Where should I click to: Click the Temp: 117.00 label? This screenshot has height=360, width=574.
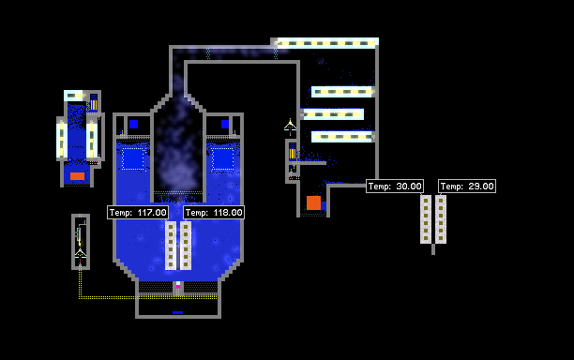point(138,213)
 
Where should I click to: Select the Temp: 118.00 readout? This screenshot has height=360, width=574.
point(214,213)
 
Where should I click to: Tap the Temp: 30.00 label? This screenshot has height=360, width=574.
point(395,187)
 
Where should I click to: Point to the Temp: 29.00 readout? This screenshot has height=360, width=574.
point(467,187)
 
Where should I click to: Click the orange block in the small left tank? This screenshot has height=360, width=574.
point(77,176)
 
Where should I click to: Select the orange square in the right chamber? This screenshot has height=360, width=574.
point(313,203)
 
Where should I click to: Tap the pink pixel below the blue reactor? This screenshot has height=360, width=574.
point(178,287)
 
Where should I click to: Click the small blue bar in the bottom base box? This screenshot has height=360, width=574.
point(177,312)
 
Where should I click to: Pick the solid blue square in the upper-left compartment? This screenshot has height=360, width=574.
point(133,125)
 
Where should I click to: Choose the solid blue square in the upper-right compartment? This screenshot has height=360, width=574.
point(225,125)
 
